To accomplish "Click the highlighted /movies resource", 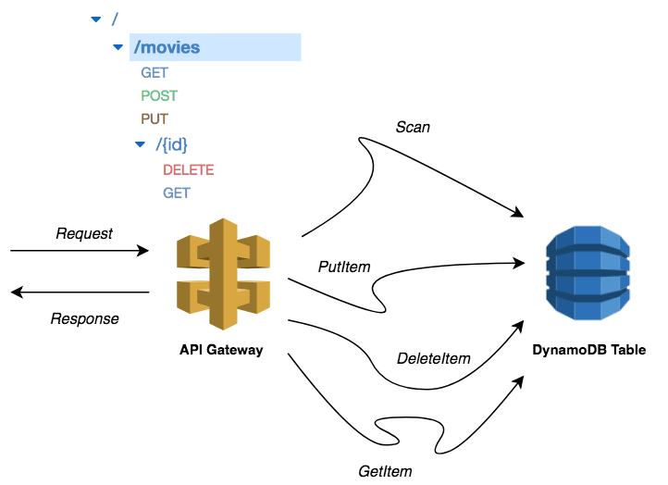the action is pos(167,47).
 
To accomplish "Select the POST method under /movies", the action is pos(159,96).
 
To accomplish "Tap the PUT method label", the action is pos(155,118).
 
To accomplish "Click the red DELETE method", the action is pos(189,170).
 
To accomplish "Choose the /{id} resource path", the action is pos(171,144).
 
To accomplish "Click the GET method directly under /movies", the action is pos(155,73).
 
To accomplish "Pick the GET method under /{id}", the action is pos(177,193).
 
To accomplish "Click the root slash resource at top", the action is pos(115,19).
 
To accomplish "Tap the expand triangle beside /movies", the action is pos(118,47).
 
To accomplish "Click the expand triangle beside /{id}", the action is pos(140,144).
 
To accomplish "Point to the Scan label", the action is pos(413,127).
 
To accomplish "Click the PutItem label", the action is pos(344,267).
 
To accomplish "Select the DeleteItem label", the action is pos(434,358).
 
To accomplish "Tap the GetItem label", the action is pos(385,471).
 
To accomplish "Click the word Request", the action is pos(84,233).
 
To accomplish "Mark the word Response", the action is pos(85,318).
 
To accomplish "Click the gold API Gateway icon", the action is pos(223,274).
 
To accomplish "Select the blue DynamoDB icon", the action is pos(588,273).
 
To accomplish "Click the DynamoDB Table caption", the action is pos(589,350).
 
